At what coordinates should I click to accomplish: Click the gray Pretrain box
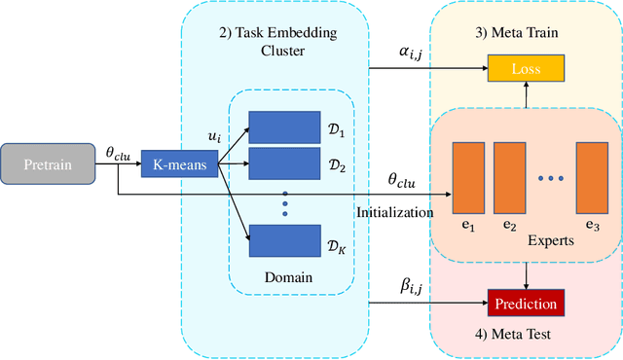(48, 164)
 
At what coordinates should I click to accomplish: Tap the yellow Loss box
(526, 70)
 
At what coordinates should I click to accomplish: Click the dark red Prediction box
(526, 304)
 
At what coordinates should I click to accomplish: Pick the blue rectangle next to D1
(283, 126)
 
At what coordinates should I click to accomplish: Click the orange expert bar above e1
(468, 176)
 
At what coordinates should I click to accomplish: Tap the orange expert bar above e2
(509, 176)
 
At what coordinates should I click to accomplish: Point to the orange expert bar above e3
(591, 176)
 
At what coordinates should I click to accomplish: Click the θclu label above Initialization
(402, 181)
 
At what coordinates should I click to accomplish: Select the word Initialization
(395, 210)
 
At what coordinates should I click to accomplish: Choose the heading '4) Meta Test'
(525, 335)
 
